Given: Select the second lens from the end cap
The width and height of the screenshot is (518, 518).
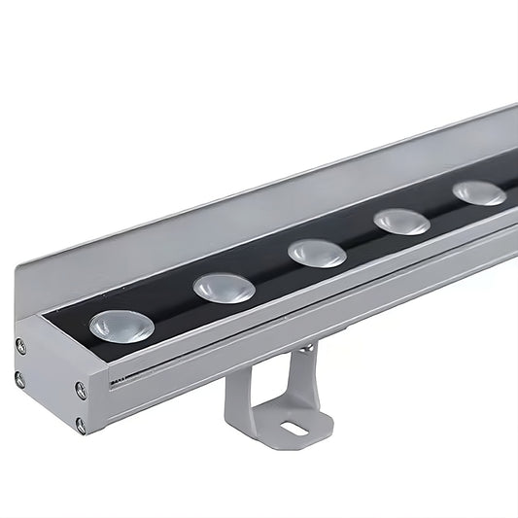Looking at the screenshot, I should [224, 287].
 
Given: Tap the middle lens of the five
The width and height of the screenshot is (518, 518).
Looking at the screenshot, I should [317, 253].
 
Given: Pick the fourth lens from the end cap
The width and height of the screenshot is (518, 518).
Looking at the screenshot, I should [402, 222].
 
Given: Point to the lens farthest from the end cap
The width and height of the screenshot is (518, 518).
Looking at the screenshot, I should [479, 192].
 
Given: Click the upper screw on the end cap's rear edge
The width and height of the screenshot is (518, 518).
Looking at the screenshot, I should [20, 345].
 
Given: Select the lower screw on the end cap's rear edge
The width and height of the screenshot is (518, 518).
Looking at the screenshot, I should [19, 379].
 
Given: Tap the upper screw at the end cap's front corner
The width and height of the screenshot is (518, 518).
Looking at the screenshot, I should [81, 390].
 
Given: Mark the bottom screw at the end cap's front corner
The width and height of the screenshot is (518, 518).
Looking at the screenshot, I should [81, 425].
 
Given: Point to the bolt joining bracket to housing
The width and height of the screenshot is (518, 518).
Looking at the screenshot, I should [305, 347].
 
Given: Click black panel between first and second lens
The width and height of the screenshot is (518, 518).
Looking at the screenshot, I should [173, 309].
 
